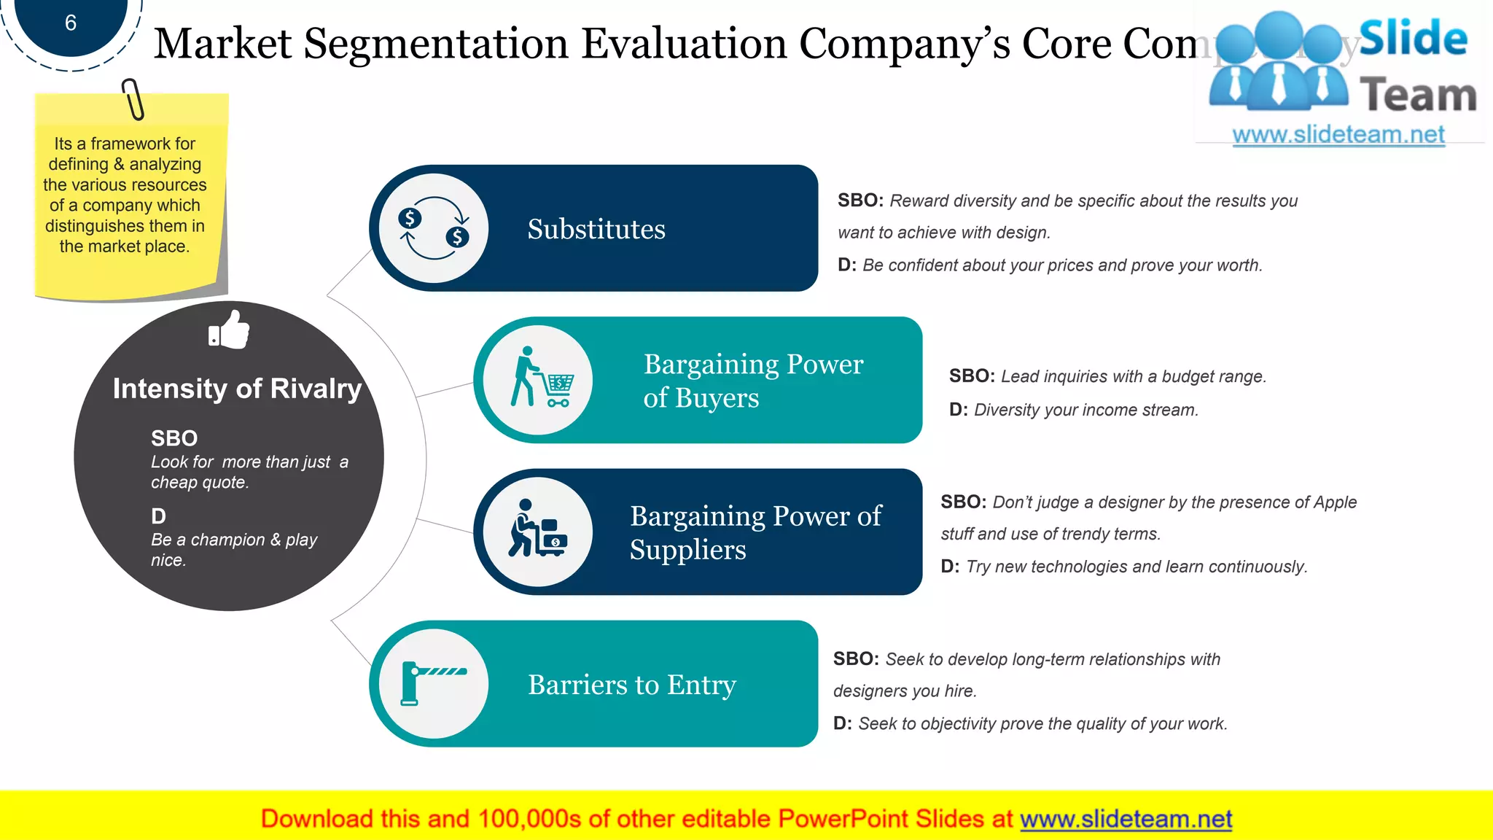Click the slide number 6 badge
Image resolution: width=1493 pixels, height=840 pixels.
point(71,23)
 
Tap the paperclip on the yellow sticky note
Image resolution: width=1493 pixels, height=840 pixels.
point(133,99)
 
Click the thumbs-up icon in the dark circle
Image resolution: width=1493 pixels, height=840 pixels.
point(229,330)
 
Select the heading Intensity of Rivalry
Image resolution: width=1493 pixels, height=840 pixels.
point(237,389)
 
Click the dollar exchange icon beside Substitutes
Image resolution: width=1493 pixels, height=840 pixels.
point(434,228)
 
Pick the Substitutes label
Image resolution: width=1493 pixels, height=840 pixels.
point(596,229)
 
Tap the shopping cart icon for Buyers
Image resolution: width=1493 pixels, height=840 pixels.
point(540,380)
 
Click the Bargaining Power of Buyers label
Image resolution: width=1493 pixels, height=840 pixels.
point(752,381)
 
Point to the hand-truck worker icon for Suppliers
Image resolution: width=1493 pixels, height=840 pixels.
point(538,530)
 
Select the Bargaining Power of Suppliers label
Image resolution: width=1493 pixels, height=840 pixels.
point(755,532)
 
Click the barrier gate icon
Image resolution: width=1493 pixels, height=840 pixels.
point(433,683)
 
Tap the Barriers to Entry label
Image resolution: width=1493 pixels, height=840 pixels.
point(631,685)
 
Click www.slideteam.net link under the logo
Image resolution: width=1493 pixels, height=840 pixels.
point(1338,135)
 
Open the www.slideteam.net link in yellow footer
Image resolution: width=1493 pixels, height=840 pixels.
point(1126,819)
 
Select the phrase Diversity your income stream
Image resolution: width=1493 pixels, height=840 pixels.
point(1085,410)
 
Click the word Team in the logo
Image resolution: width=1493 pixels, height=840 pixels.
point(1417,96)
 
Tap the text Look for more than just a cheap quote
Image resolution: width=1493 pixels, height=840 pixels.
point(249,472)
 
